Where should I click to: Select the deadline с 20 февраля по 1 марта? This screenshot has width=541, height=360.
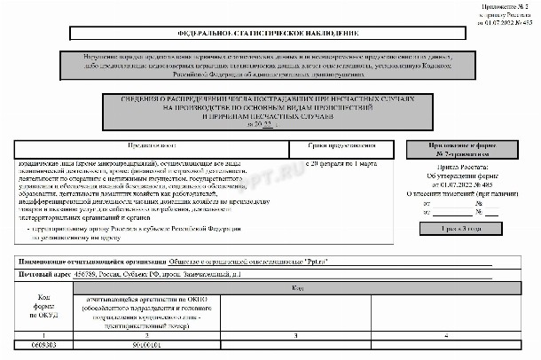[x=341, y=164]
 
